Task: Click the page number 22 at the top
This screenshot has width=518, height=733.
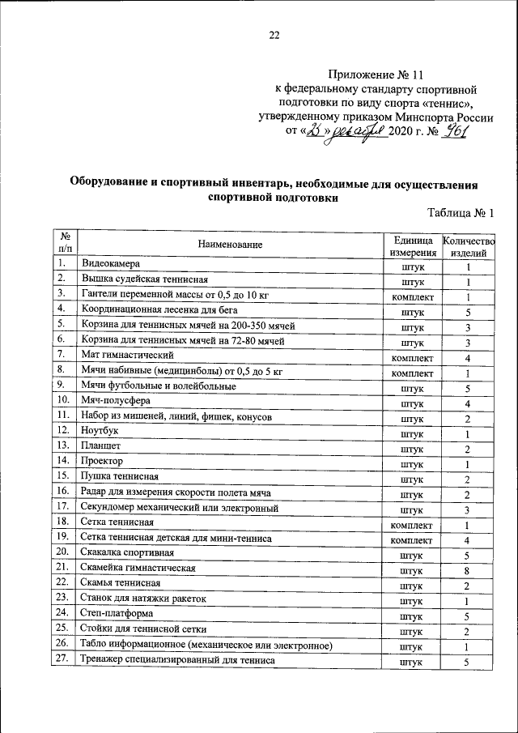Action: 274,34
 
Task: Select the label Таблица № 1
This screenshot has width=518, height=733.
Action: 460,213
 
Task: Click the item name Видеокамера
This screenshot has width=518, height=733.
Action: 111,264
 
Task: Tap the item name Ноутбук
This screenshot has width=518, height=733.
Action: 100,432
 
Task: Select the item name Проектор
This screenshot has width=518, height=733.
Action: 101,462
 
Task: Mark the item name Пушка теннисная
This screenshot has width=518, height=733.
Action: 118,477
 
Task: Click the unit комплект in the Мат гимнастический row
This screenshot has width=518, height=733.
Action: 412,357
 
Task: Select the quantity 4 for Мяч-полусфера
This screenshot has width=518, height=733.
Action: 468,403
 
